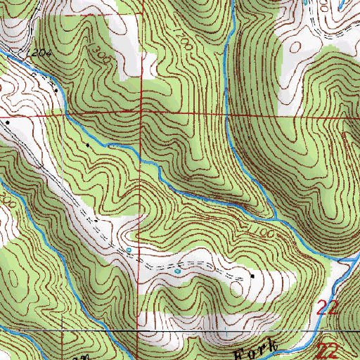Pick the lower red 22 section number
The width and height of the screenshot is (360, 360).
pos(329,350)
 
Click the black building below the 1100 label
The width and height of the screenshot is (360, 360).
pos(253,276)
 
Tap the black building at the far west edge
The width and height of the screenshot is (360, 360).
pos(8,122)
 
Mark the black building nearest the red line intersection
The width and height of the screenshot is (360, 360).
pos(87,145)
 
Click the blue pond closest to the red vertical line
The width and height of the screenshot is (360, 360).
pos(129,250)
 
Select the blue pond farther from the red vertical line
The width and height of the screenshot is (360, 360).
pos(177,270)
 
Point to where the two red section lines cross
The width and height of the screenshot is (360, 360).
pos(141,112)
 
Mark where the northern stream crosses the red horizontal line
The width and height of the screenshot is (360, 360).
pos(226,112)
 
